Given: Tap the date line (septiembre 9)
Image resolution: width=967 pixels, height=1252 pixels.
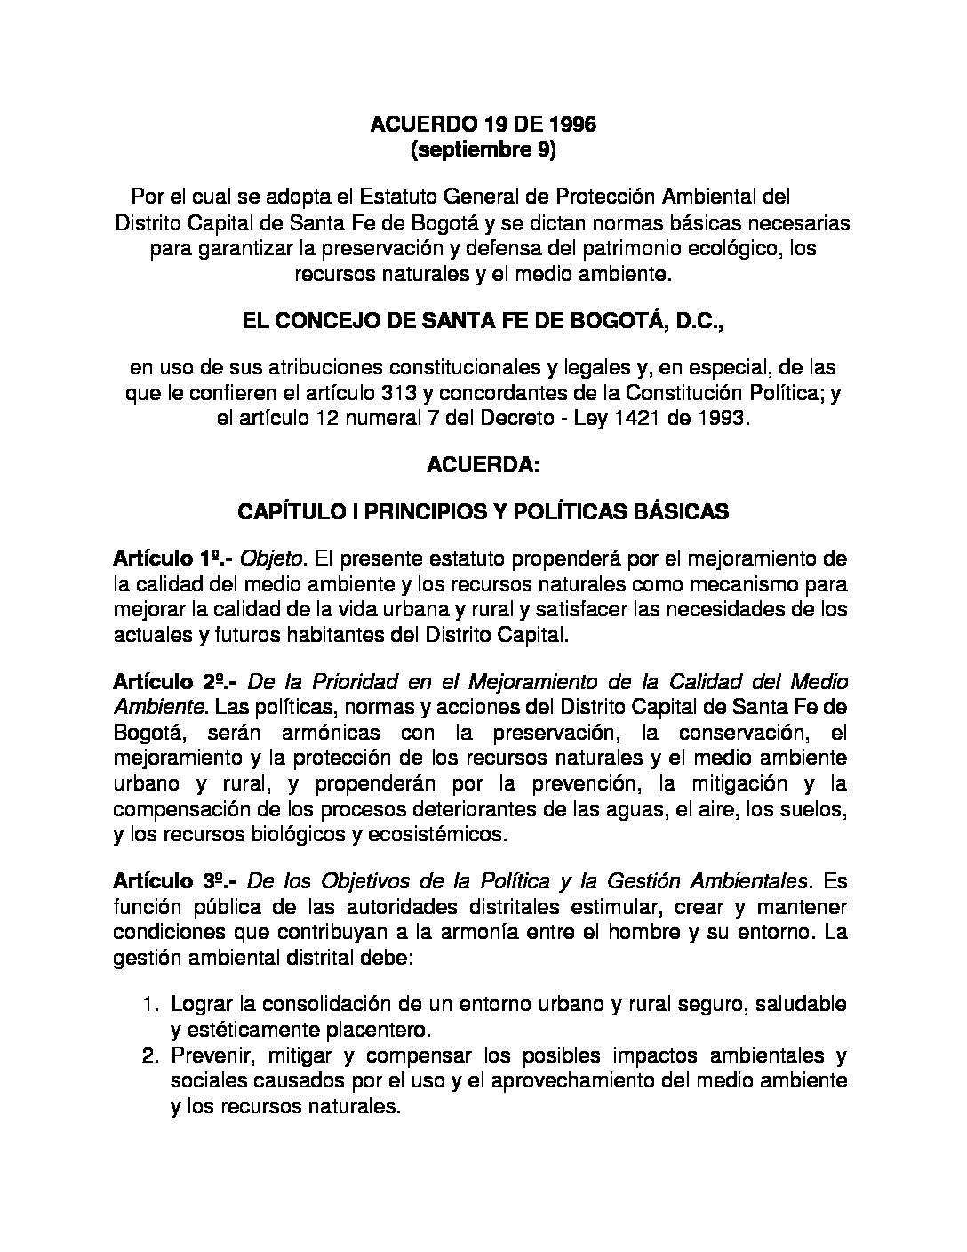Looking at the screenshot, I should [483, 150].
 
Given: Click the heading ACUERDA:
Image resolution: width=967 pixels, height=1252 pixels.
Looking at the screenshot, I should [483, 465].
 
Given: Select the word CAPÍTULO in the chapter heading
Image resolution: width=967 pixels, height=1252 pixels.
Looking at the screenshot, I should [280, 511].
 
